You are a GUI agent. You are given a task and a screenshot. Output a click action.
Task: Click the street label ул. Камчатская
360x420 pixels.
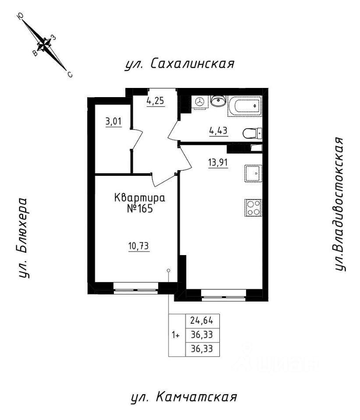[x=184, y=397]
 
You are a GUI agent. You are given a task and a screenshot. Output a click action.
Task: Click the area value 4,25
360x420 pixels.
[x=155, y=100]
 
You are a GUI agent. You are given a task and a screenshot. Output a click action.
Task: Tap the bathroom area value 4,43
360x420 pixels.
[x=219, y=130]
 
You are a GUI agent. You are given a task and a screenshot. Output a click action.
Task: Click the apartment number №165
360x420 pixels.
[x=140, y=208]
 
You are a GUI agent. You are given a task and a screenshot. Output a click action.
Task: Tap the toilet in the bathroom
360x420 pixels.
[x=252, y=132]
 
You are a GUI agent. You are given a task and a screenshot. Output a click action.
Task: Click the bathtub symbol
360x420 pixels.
[x=244, y=105]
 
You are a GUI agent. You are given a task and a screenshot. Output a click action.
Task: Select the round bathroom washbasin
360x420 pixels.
[x=218, y=101]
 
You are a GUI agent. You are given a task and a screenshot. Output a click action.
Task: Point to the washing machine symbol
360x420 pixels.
[x=200, y=101]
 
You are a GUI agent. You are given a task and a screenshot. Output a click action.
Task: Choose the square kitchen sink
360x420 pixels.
[x=253, y=173]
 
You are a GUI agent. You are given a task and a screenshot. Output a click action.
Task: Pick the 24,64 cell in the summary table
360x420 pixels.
[x=202, y=320]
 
